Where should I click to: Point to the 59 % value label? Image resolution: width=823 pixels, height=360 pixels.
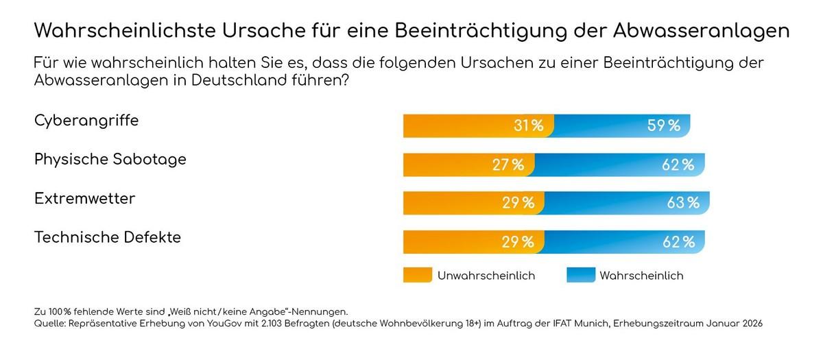[664, 126]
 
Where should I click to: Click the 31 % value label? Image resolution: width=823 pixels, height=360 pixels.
[528, 126]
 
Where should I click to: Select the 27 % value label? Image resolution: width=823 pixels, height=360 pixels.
[509, 165]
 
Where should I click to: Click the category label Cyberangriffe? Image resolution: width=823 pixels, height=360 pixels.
[86, 121]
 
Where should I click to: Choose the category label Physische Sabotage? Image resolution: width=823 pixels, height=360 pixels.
[110, 160]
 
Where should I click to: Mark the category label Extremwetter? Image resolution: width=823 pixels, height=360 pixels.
[85, 199]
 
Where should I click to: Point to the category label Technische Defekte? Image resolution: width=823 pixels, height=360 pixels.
[108, 238]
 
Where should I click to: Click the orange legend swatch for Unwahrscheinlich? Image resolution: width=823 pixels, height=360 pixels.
[417, 275]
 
